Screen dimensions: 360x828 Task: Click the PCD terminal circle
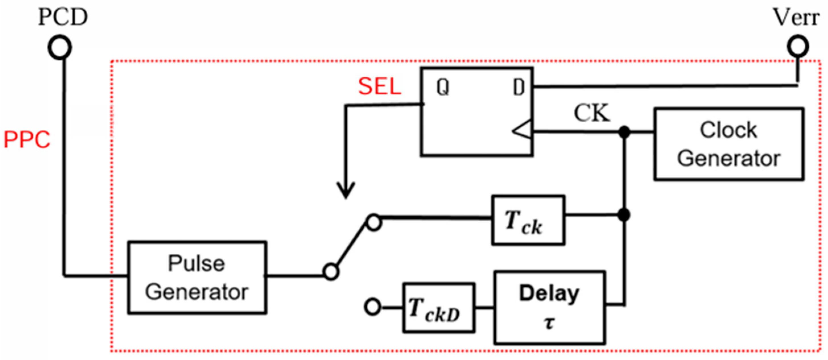point(59,47)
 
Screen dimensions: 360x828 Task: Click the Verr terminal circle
point(798,47)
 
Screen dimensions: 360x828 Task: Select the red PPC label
point(27,140)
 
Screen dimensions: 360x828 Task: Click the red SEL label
point(380,86)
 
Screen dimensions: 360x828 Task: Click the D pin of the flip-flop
point(519,87)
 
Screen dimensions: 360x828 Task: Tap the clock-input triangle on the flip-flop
point(523,131)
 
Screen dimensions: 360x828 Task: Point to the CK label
point(592,113)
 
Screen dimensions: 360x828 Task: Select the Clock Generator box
point(729,144)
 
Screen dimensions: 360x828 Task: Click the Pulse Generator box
point(197,277)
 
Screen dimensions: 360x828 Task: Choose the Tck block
point(528,220)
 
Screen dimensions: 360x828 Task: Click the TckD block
point(438,308)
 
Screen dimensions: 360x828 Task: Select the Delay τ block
point(549,308)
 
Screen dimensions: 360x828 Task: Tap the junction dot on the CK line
point(624,131)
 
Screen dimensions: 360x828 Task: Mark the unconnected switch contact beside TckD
point(373,307)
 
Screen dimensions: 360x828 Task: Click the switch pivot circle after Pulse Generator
point(331,272)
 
